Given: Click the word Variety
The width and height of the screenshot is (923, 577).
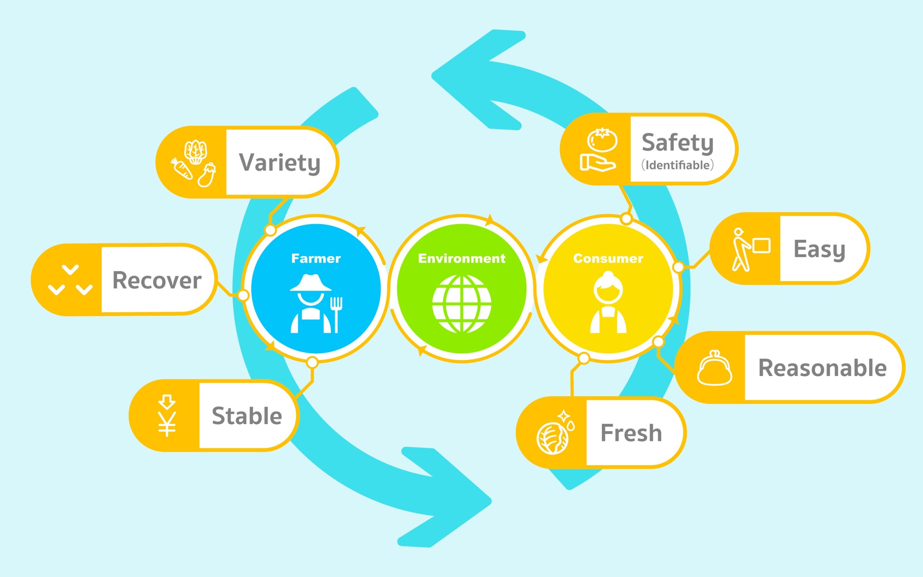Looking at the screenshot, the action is coord(279,163).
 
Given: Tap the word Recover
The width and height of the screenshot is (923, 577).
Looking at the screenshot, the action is coord(157,280).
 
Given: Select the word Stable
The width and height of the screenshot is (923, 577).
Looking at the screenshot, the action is coord(247,416).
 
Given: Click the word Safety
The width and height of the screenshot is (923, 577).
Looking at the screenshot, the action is coord(677,143).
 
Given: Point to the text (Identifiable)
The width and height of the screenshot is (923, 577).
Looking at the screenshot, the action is coord(677,165).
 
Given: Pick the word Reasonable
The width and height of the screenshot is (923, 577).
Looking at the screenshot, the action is coord(822,368).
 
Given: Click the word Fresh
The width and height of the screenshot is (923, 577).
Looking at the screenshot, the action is coord(631,433).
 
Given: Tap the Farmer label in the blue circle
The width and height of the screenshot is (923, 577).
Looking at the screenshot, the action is coord(316,258).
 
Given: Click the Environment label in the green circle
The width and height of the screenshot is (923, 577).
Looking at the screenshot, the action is coord(462,258).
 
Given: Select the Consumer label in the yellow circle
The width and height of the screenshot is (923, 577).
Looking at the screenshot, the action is coord(608,258).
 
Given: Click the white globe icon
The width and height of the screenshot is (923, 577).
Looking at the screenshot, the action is coord(462,304).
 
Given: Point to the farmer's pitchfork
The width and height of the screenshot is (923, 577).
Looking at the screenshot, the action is coord(336,315).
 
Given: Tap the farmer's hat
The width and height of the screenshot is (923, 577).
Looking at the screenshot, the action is coord(311,283).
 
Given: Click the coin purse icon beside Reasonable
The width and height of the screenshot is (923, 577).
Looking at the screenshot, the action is coord(714,368).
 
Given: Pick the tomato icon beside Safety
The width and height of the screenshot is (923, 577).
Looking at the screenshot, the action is coord(602,140).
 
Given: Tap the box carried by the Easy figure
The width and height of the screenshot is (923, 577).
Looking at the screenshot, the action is coord(762,246).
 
